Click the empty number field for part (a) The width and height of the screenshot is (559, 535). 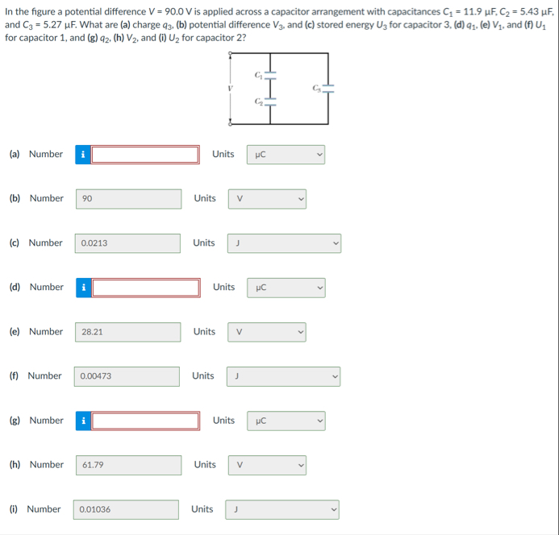[x=145, y=154]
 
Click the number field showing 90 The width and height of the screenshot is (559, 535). [x=129, y=198]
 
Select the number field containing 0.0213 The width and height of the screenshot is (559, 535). [x=129, y=243]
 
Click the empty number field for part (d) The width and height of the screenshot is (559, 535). [x=145, y=287]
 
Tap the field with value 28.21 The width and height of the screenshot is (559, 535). [x=129, y=331]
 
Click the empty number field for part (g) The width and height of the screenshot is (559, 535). [x=145, y=420]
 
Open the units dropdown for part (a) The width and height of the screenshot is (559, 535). [x=286, y=154]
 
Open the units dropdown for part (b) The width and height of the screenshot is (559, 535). [x=267, y=198]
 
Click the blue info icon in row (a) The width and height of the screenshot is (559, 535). [x=82, y=154]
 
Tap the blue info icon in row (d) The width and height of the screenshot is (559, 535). [x=82, y=287]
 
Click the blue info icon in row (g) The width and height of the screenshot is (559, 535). [x=82, y=420]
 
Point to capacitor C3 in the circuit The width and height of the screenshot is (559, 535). [x=327, y=89]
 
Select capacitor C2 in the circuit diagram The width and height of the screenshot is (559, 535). [x=270, y=102]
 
